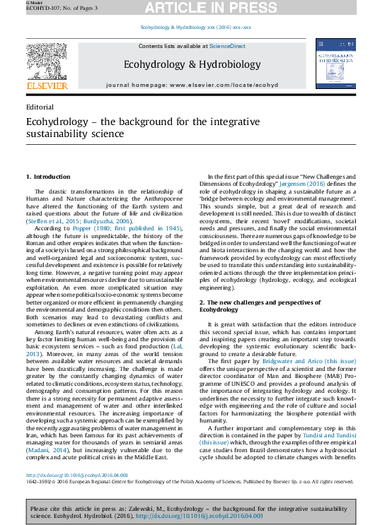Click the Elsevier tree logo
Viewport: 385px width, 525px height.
[47, 61]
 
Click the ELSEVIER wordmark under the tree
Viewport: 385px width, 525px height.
[47, 85]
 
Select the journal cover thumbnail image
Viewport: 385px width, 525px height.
[335, 63]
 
